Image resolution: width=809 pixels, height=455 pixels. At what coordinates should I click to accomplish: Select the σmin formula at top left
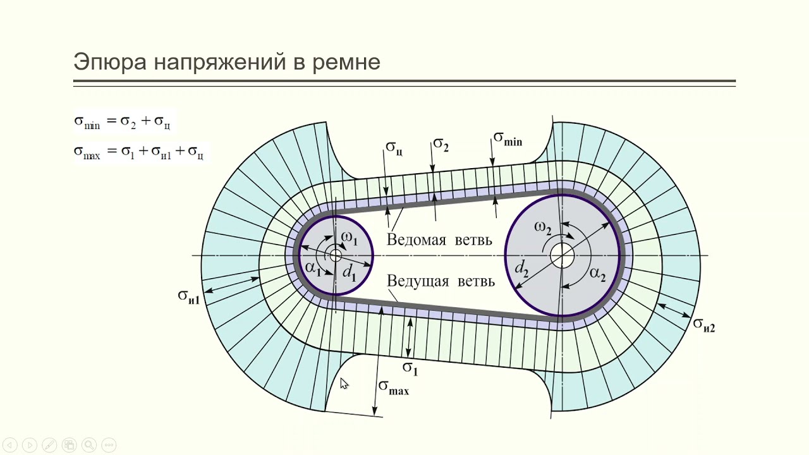[x=125, y=122]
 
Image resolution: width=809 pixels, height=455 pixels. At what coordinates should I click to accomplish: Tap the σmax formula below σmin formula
[x=139, y=152]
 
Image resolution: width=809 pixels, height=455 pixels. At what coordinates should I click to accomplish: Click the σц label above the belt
[x=394, y=149]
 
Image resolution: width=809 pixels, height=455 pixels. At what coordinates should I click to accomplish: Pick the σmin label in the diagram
[x=508, y=138]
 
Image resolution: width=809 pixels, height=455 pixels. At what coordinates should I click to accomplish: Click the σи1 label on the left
[x=188, y=296]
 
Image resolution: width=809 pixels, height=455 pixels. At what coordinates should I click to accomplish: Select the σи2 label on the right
[x=704, y=324]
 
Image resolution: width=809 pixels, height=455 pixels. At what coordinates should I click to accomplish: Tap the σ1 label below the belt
[x=410, y=367]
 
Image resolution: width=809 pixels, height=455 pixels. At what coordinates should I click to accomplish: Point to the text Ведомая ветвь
[x=440, y=240]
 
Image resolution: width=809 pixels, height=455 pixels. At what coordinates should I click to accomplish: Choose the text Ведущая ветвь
[x=441, y=281]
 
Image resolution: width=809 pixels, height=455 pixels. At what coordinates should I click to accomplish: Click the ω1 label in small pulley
[x=349, y=240]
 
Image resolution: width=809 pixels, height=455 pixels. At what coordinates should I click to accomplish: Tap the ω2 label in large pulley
[x=543, y=227]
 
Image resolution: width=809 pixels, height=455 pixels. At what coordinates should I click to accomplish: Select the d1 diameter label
[x=350, y=274]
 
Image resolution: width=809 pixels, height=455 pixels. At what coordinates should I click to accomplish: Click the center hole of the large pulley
[x=561, y=256]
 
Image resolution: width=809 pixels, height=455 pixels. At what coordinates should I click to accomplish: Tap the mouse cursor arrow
[x=344, y=384]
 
